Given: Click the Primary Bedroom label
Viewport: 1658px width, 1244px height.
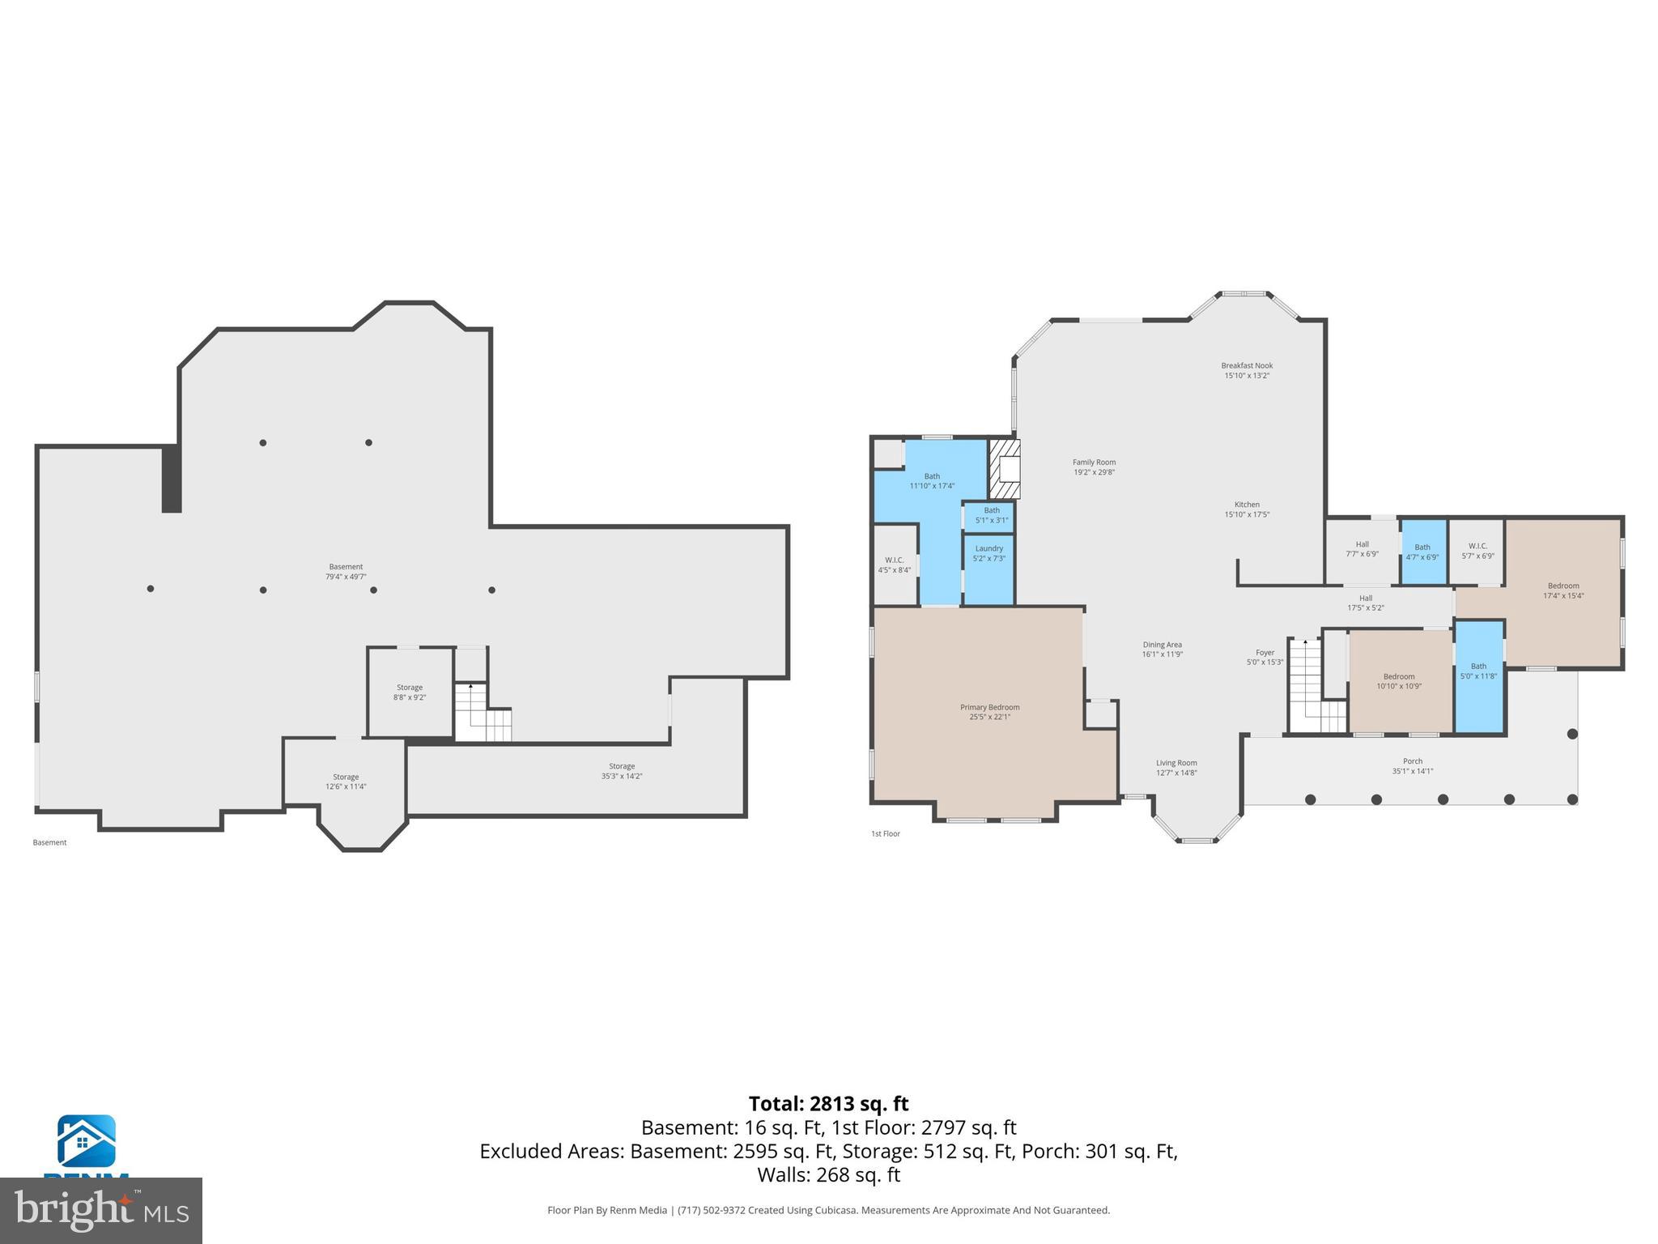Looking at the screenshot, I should (x=989, y=712).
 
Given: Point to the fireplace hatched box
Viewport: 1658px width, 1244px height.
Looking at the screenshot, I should (x=1004, y=469).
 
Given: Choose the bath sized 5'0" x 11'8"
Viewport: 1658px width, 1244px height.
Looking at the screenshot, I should (x=1479, y=676).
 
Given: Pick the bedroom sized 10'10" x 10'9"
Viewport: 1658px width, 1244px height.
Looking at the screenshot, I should (x=1399, y=681).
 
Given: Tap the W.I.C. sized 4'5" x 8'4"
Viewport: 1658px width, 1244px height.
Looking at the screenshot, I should (x=895, y=564).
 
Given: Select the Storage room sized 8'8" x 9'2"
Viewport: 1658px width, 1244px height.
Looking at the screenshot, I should (x=410, y=692).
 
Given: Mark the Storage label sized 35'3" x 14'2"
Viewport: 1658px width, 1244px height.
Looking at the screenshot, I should (x=622, y=771).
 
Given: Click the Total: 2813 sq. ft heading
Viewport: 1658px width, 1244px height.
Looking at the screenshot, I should (x=828, y=1104).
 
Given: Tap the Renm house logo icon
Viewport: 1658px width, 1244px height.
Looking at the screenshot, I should (x=86, y=1140).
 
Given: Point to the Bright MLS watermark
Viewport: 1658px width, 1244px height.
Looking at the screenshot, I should (x=101, y=1210).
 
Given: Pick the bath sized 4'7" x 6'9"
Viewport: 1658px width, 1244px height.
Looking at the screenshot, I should (x=1422, y=552).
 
